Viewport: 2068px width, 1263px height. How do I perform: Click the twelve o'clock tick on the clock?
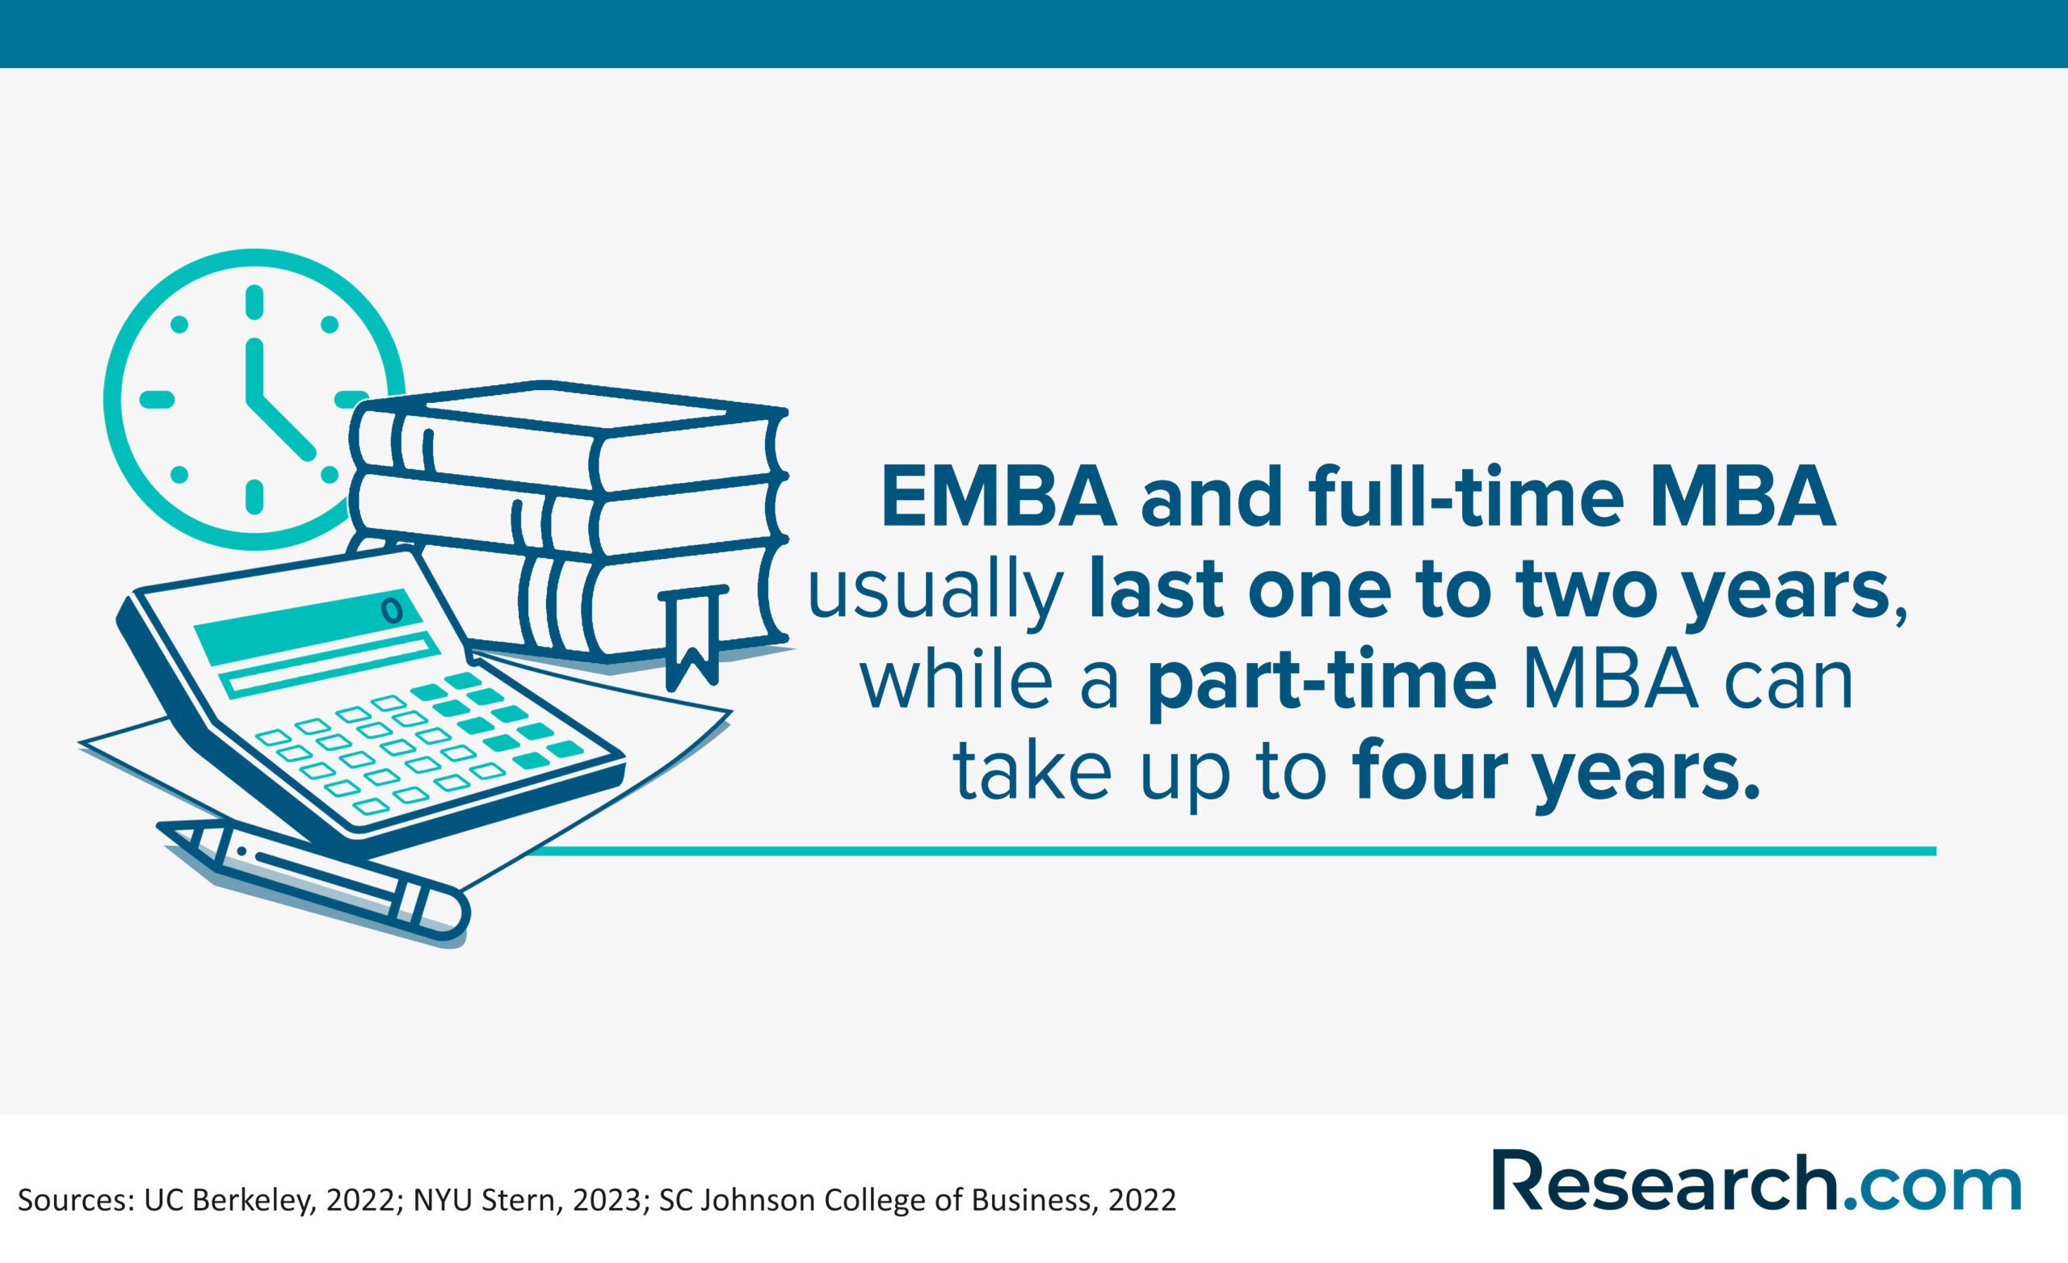[254, 302]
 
